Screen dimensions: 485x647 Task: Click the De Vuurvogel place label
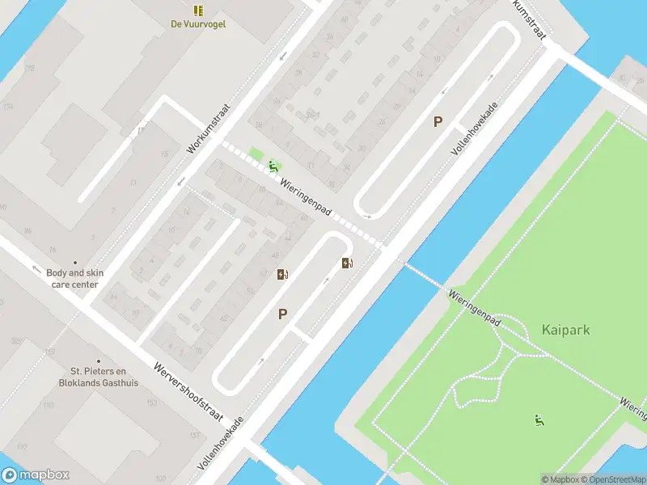point(198,24)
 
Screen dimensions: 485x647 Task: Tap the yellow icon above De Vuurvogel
point(198,11)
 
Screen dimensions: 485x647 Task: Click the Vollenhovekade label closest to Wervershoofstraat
point(220,445)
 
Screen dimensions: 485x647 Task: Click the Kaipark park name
point(565,330)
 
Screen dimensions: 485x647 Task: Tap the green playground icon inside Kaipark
point(539,420)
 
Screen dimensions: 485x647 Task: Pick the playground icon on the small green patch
point(274,167)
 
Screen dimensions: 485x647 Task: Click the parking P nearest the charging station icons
point(282,314)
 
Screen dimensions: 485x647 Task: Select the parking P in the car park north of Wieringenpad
point(438,122)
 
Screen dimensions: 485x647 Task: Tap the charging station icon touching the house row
point(282,275)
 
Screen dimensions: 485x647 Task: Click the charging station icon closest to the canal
point(347,263)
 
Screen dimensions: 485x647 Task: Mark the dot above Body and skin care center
point(75,262)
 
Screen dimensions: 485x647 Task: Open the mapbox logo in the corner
point(36,475)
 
